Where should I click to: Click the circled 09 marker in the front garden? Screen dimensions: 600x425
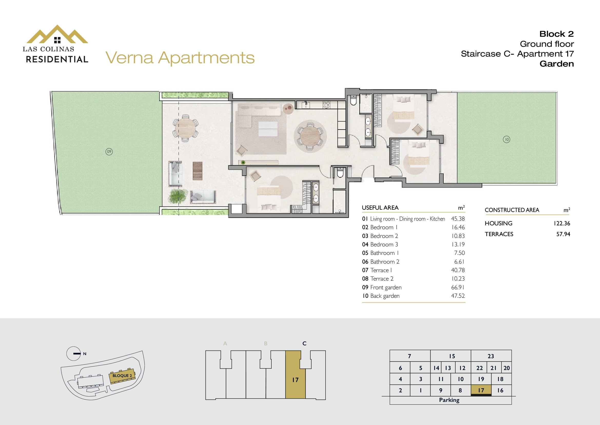pos(109,152)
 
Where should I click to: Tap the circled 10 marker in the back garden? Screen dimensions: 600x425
pos(506,140)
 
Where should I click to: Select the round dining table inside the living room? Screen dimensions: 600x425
pos(310,136)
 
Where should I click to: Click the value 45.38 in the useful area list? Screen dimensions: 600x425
pos(458,219)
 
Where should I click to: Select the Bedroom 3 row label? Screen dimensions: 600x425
pos(380,244)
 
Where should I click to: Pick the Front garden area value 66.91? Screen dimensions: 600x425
pos(458,287)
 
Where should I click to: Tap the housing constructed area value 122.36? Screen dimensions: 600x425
pos(562,224)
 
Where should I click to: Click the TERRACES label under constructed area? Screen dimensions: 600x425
pos(499,234)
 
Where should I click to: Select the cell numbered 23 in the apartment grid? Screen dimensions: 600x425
pos(491,356)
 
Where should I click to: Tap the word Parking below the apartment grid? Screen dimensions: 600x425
pos(449,400)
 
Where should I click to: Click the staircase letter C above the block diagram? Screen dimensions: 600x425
pos(304,343)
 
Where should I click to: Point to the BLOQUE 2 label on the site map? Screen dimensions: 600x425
pos(122,376)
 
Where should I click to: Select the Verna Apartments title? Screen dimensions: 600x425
pos(180,58)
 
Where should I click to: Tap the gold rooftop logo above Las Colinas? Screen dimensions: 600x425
pos(57,34)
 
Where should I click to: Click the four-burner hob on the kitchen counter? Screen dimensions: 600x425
pos(326,105)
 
